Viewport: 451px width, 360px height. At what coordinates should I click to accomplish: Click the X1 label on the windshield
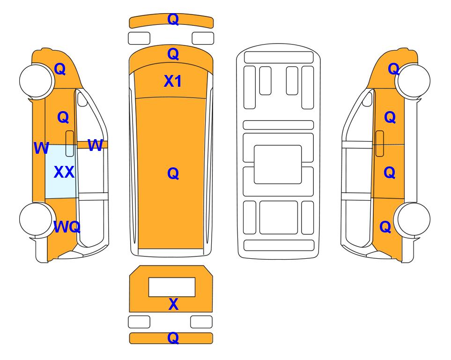pos(172,81)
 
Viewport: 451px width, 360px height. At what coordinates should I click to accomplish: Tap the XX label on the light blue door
pos(64,172)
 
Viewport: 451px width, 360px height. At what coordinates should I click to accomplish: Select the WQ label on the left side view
pos(67,227)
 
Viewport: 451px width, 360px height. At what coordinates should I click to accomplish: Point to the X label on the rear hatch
pos(173,304)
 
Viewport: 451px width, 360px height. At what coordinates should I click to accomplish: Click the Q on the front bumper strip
pos(173,19)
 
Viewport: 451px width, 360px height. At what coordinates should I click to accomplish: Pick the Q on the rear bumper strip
pos(173,337)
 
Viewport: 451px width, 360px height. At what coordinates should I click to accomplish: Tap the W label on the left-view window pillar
pos(95,145)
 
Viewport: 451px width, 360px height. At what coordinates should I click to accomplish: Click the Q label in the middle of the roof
pos(173,173)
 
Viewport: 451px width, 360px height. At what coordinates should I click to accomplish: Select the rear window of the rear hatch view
pos(172,287)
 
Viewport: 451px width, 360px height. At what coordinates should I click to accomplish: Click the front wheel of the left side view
pos(36,80)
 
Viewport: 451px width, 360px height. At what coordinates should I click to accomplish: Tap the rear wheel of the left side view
pos(36,219)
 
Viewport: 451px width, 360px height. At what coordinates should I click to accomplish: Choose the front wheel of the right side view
pos(414,81)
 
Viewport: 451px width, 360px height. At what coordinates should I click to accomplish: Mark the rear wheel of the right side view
pos(414,219)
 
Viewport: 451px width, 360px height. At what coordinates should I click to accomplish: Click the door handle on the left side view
pos(70,143)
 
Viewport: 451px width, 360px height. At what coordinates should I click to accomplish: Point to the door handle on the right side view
pos(380,143)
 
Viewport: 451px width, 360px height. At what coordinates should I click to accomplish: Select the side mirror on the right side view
pos(367,98)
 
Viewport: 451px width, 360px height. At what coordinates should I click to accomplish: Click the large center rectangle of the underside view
pos(278,165)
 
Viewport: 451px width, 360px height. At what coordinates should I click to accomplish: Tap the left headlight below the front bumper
pos(139,38)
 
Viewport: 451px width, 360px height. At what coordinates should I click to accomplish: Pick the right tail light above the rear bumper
pos(201,322)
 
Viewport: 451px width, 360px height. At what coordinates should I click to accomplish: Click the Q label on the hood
pos(173,54)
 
